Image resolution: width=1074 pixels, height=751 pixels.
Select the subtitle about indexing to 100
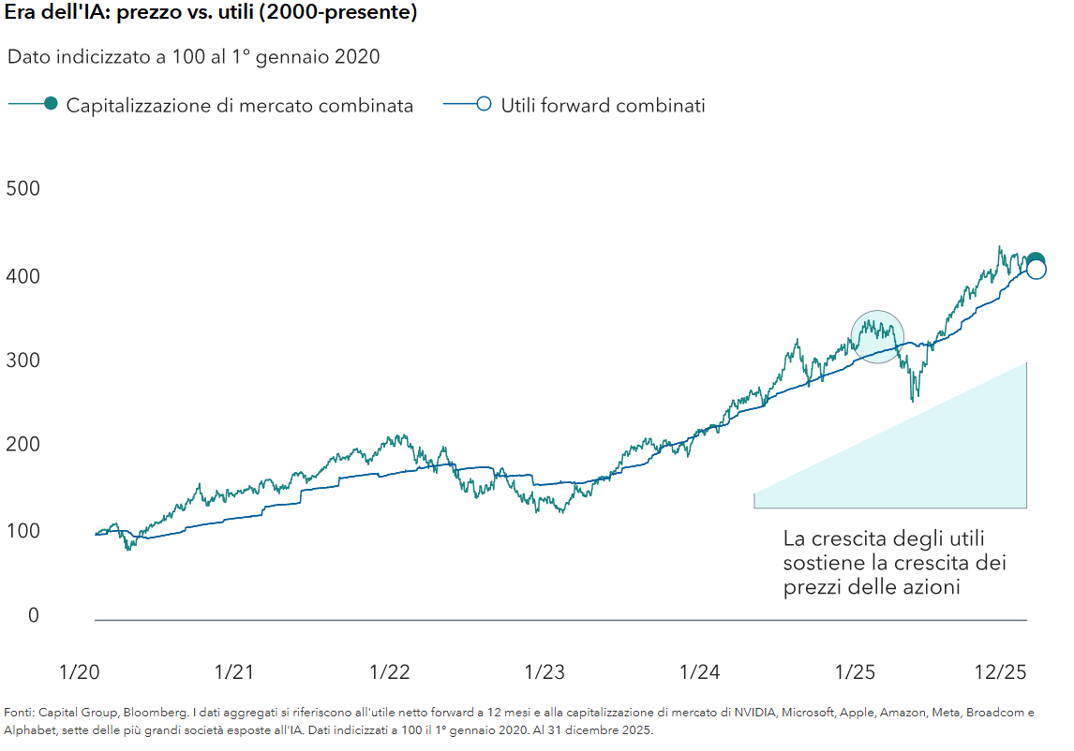point(193,57)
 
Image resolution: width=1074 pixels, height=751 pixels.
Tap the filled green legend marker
point(51,104)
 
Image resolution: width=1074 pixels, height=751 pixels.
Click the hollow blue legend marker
point(484,104)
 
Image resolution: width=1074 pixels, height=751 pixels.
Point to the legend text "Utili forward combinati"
point(603,105)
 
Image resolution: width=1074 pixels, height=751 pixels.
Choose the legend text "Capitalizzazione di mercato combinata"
point(239,105)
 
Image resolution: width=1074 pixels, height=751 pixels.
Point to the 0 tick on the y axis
point(34,615)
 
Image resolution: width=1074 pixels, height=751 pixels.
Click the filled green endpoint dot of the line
point(1035,261)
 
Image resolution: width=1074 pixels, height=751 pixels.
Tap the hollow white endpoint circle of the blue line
point(1037,270)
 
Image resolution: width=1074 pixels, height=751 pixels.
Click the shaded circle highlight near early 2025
point(877,336)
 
